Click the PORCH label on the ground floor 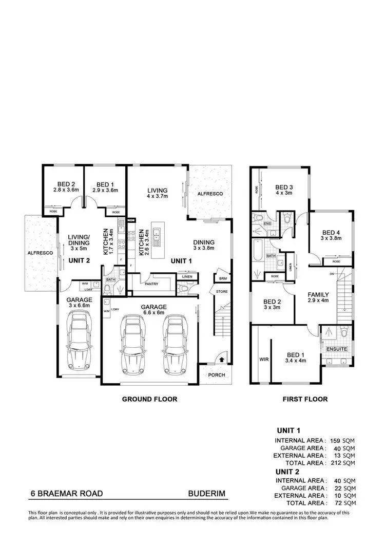[217, 375]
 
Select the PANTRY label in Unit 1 [151, 284]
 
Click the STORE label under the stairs [221, 292]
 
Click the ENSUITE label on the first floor [336, 349]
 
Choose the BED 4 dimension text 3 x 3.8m [331, 238]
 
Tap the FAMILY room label [318, 295]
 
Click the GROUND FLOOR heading [149, 399]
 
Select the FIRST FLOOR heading [305, 399]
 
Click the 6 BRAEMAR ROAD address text [66, 494]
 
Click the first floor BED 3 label [284, 187]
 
